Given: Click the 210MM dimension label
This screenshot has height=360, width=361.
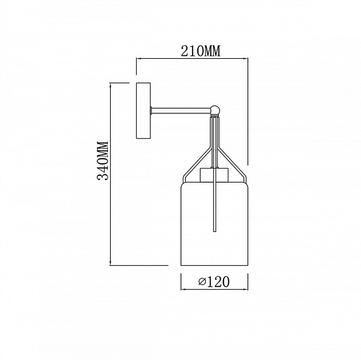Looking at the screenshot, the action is point(200,51).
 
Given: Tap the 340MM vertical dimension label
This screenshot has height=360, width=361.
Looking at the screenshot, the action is point(102,161).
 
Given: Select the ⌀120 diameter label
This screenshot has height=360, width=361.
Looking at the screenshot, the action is point(214,281).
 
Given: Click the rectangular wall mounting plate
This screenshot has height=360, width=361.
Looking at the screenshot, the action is point(143,111).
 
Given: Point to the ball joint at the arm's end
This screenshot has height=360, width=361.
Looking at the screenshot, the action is point(215,110).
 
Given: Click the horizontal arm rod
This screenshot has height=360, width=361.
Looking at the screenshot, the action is point(181,111).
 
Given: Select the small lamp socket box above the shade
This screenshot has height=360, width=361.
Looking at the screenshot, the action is point(214,175).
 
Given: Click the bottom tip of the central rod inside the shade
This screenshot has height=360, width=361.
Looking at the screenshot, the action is point(215,231).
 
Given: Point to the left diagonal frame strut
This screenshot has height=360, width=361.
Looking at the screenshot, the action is point(197,162).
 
